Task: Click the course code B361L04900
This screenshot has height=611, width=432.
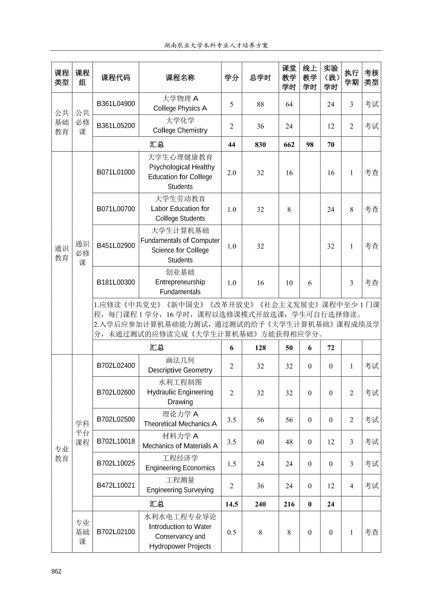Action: [x=116, y=104]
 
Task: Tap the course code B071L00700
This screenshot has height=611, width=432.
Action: [x=116, y=209]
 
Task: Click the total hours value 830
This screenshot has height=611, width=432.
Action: [x=260, y=144]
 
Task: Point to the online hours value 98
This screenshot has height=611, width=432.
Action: [x=310, y=144]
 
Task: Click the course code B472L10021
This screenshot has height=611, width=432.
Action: [x=116, y=485]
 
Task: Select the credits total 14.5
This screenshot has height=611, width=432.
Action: [x=232, y=504]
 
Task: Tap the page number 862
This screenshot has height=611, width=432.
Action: [x=57, y=572]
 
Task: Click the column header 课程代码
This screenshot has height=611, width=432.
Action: [x=116, y=78]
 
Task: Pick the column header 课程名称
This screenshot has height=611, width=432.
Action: [x=180, y=78]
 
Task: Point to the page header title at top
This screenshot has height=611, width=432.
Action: [x=216, y=45]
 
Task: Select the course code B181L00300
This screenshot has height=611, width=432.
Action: [x=116, y=282]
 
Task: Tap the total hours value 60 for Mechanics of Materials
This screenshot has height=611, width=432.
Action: [x=260, y=442]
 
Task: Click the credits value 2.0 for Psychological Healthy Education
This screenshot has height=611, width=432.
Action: [x=232, y=172]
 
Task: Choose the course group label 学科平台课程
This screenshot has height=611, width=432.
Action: [x=82, y=433]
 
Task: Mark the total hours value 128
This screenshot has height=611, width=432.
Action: [x=260, y=348]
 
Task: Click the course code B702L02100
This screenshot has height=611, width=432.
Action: [x=116, y=531]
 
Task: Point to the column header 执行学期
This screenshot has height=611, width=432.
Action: [x=351, y=78]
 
